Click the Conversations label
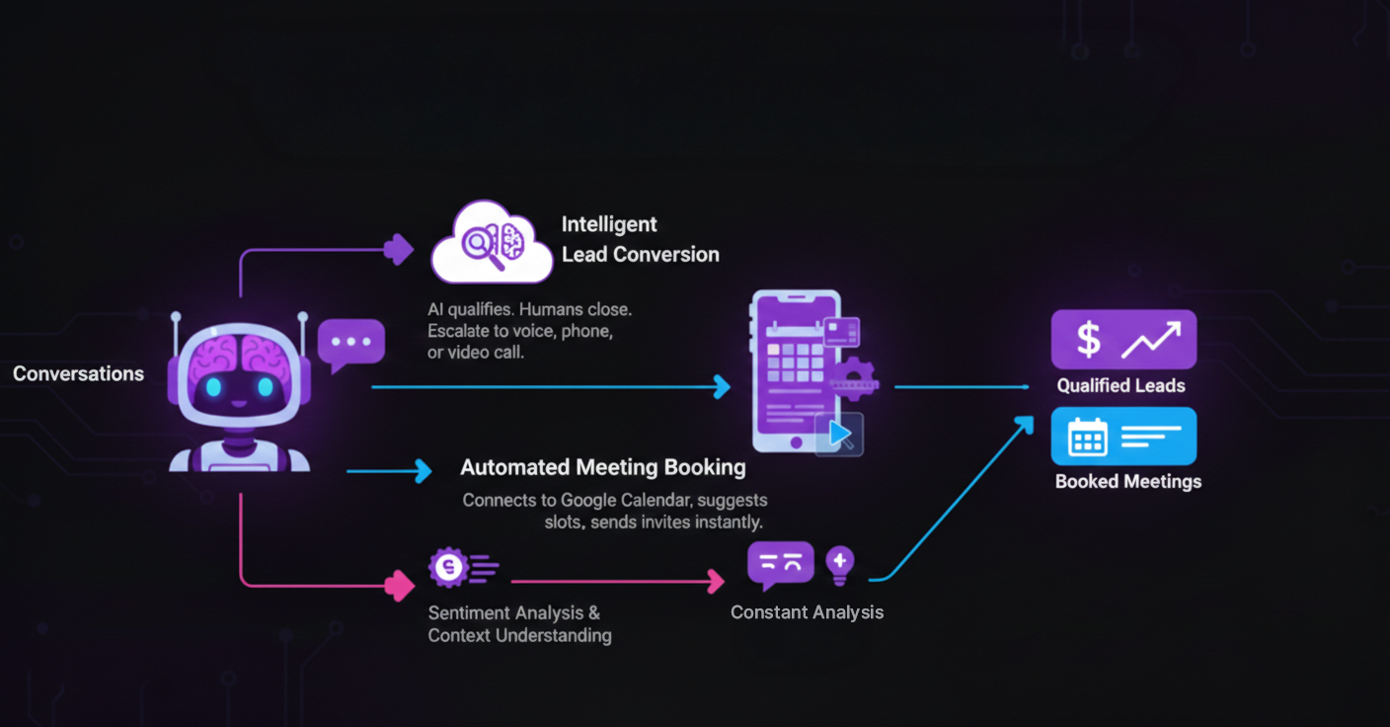(x=78, y=374)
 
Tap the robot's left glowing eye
(x=212, y=387)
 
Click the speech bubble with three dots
(x=350, y=342)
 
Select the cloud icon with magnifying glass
(x=491, y=242)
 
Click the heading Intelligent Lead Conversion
(x=640, y=239)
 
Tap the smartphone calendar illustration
(x=795, y=369)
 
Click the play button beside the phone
(x=840, y=434)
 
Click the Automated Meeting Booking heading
(x=602, y=467)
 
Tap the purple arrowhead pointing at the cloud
(x=399, y=249)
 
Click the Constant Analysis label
(x=807, y=612)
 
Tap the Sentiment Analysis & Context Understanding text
(x=519, y=624)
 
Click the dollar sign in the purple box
(x=1088, y=340)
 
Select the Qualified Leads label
(x=1120, y=386)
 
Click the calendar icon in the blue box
(x=1088, y=437)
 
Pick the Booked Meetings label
(x=1127, y=482)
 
